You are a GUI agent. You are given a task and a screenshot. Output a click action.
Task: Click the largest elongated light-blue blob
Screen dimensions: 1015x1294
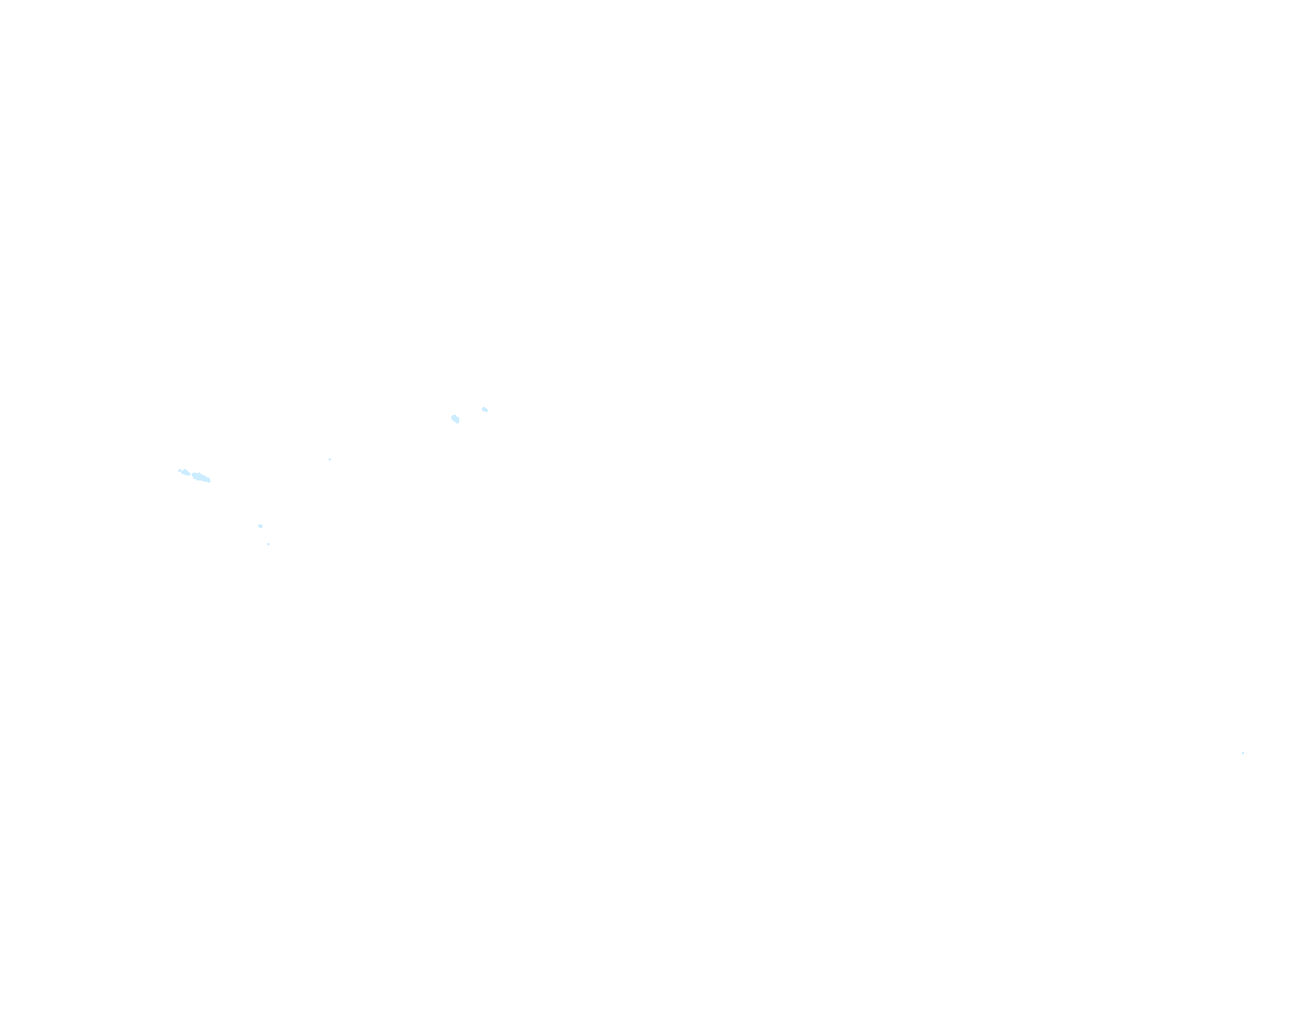coord(201,477)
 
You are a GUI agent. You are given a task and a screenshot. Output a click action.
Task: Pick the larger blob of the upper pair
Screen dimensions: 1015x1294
coord(456,418)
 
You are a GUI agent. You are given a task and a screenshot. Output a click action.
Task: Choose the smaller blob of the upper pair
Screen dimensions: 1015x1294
coord(485,409)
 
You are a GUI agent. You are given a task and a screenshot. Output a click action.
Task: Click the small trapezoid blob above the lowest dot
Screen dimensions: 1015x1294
coord(260,526)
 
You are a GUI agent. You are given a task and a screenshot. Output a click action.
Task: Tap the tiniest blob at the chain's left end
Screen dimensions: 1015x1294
coord(179,470)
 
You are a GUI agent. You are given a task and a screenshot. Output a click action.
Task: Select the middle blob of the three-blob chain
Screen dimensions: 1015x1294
coord(185,472)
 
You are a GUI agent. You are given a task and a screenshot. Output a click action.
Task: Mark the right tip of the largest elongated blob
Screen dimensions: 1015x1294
coord(210,480)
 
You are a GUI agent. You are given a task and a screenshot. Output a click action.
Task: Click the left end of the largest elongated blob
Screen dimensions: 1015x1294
coord(193,474)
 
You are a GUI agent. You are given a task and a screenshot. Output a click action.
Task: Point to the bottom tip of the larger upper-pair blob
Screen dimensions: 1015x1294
coord(457,423)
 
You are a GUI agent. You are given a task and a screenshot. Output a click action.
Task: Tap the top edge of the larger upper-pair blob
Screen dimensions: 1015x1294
coord(454,415)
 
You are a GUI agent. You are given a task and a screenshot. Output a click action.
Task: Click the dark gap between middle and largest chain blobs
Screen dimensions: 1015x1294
coord(191,473)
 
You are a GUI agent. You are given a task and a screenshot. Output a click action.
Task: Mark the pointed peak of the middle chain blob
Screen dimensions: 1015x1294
coord(185,469)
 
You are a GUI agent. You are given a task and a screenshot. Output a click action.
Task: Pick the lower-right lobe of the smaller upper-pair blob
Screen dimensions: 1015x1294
coord(486,411)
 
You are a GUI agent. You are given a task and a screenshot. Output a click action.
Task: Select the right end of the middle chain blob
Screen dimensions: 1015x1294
coord(189,473)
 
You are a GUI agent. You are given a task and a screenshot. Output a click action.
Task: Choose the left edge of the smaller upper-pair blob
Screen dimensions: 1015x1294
coord(483,408)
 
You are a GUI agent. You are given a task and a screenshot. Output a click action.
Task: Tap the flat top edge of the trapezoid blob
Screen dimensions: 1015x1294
coord(260,525)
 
